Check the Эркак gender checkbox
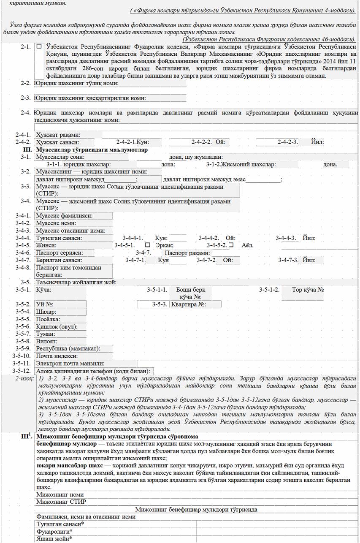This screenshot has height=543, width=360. pyautogui.click(x=147, y=245)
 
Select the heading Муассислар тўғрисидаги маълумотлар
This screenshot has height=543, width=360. pyautogui.click(x=92, y=150)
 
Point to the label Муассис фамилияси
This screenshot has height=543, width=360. pyautogui.click(x=64, y=216)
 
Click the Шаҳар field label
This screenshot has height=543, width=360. pyautogui.click(x=46, y=312)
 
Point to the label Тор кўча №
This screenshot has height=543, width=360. pyautogui.click(x=308, y=290)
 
